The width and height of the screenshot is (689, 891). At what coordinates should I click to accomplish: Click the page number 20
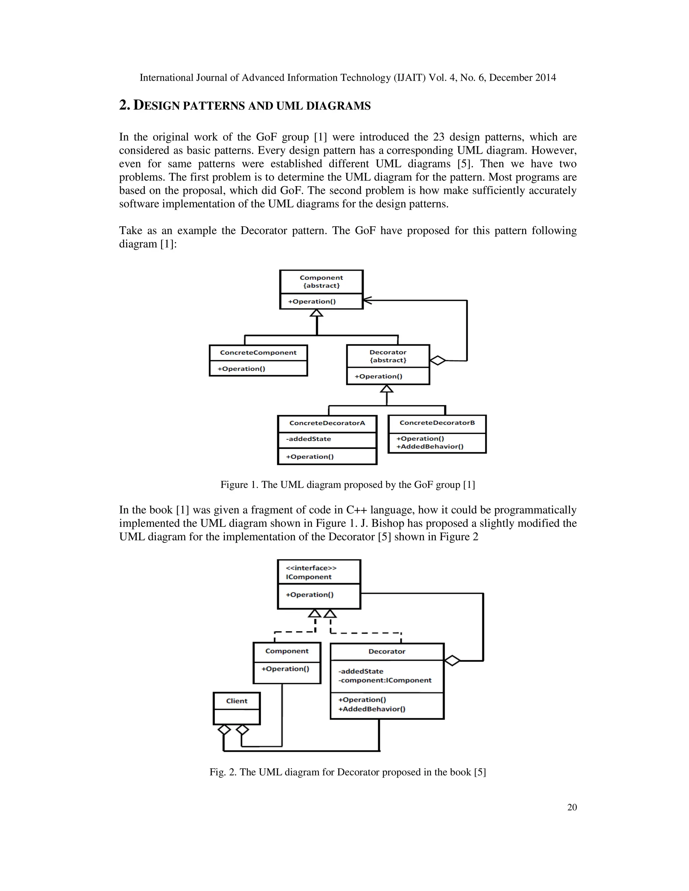tap(572, 807)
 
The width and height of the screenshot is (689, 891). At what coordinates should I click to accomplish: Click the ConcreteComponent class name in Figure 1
tap(258, 352)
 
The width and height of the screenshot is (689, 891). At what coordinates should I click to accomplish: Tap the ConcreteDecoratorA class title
tap(327, 423)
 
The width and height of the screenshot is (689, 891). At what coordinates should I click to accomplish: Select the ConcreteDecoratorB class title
tap(437, 423)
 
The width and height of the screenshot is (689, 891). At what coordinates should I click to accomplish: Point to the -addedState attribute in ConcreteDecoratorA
tap(309, 439)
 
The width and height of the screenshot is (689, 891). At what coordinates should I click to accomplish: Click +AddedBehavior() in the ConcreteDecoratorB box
tap(430, 446)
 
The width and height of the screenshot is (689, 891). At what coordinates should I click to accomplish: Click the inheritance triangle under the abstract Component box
tap(316, 313)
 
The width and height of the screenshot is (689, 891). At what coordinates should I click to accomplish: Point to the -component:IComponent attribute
tap(385, 680)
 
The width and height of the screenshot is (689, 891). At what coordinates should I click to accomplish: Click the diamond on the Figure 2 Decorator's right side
tap(452, 660)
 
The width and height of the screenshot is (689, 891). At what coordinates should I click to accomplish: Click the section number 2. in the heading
tap(124, 105)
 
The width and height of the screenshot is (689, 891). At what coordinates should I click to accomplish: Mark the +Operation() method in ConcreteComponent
tap(241, 369)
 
